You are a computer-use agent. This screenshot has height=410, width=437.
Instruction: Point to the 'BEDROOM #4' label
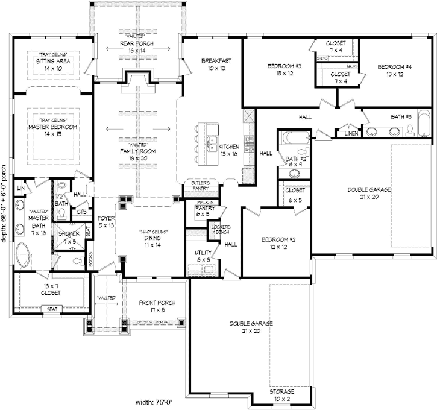pyautogui.click(x=395, y=66)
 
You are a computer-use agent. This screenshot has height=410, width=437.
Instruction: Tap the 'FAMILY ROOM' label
pyautogui.click(x=134, y=150)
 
